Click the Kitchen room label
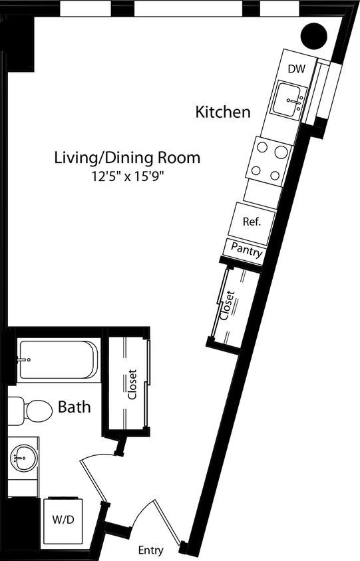point(223,112)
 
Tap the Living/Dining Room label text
point(127,158)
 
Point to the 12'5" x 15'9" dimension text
point(127,177)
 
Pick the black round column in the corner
point(315,35)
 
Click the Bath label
point(74,407)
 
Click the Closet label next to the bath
point(132,385)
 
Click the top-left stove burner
point(261,149)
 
